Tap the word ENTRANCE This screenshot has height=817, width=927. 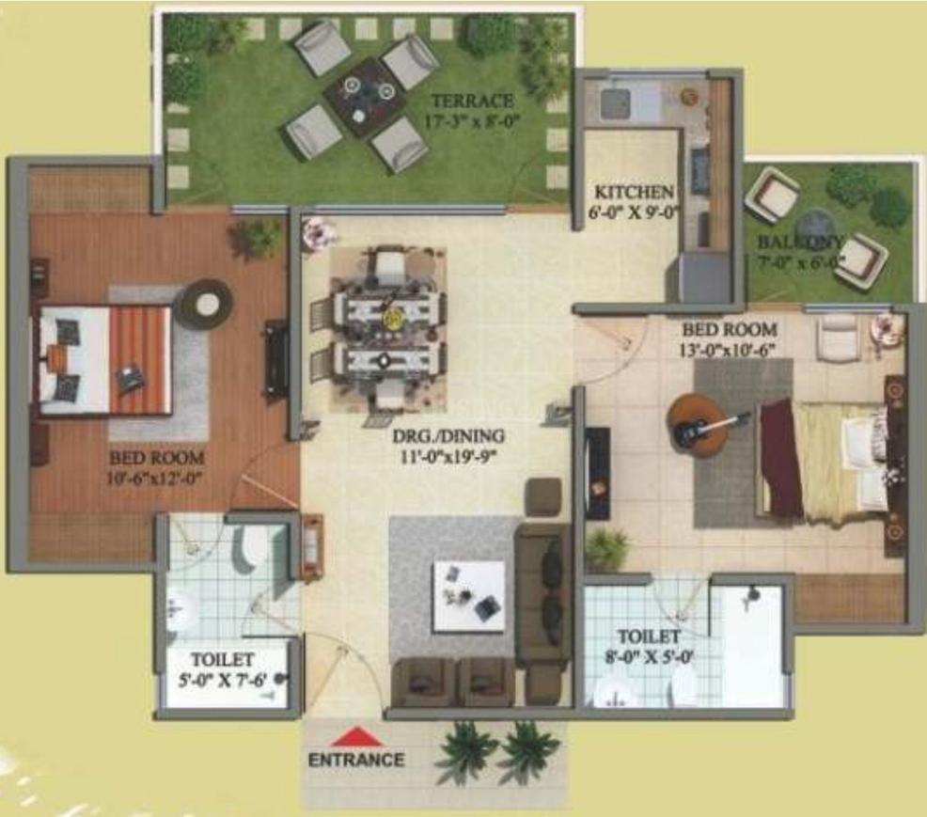[356, 760]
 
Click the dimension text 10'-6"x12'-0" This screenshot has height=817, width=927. [157, 478]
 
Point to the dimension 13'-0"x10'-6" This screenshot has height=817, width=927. [730, 348]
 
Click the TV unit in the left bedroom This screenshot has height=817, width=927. [275, 358]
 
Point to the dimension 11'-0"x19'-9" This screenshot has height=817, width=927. [448, 459]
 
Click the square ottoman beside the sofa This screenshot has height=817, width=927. [543, 496]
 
